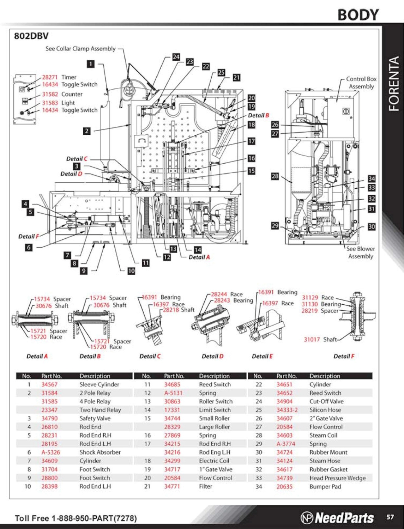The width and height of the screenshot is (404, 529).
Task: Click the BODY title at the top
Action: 358,15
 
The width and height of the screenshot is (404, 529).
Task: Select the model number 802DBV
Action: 31,36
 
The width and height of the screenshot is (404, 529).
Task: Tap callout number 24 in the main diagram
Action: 176,57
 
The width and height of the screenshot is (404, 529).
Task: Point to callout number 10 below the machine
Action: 131,271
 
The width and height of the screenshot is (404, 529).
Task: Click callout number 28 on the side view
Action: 275,176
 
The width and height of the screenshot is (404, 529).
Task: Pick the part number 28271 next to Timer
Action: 50,77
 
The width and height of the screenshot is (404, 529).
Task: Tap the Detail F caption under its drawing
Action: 344,356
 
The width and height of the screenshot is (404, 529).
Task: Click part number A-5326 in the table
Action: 51,452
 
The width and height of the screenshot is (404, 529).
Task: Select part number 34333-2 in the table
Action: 287,410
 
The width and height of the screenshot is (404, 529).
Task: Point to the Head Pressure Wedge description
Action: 337,478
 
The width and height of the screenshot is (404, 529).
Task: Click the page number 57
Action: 390,517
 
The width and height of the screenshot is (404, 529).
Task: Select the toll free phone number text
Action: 76,518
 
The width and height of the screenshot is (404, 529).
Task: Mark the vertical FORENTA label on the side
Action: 393,84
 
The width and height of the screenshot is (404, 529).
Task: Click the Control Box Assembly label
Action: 361,82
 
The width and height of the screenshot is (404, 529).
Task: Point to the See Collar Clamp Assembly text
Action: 80,49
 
